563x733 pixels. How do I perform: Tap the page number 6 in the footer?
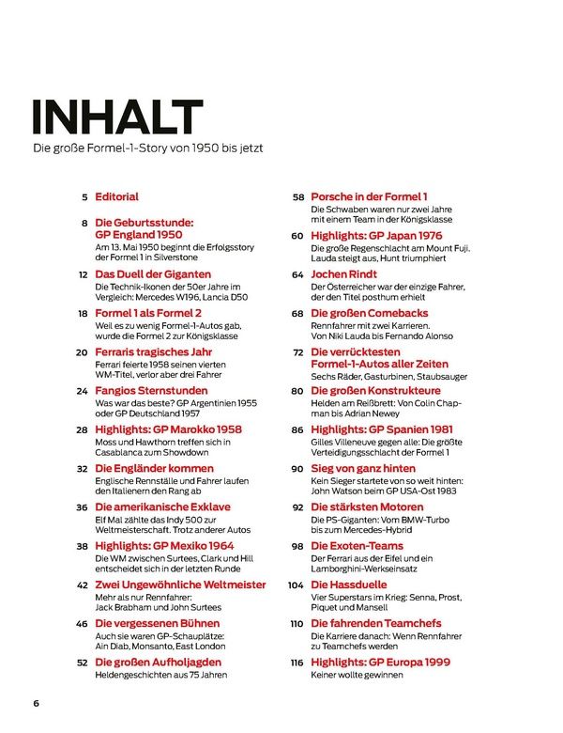click(36, 703)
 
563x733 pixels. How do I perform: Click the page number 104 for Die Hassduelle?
click(294, 584)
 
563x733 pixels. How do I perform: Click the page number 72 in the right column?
click(296, 351)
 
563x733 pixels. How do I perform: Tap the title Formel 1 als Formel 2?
click(149, 313)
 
